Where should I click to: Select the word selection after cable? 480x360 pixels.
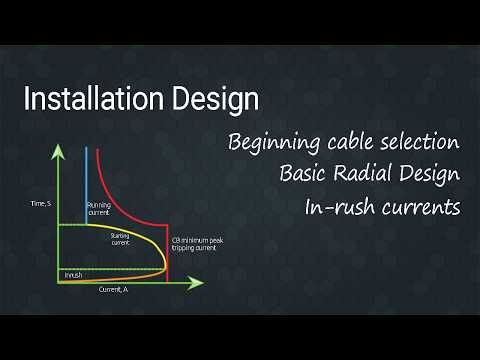420,142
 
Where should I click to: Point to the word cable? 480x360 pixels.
350,142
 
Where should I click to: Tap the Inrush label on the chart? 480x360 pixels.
73,274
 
